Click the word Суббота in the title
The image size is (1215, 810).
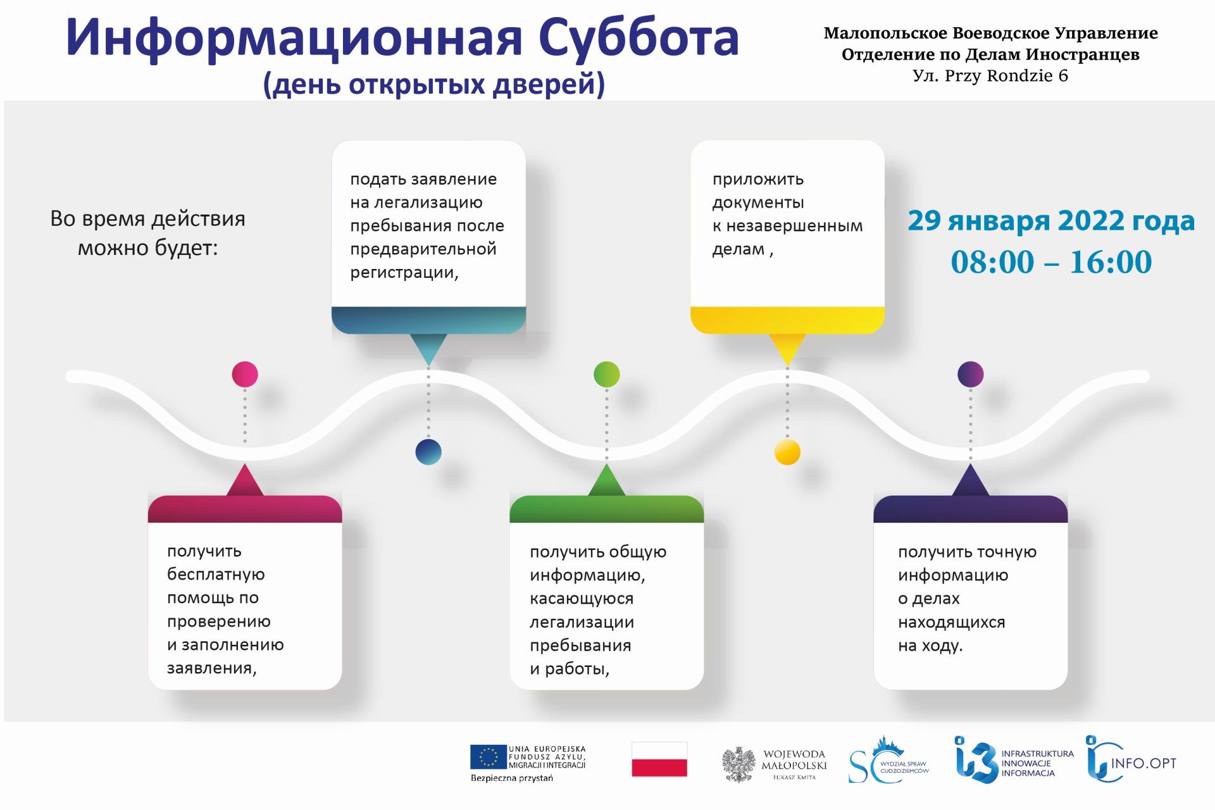[639, 39]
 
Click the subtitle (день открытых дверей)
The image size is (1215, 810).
[434, 84]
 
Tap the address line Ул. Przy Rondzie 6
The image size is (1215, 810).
[990, 76]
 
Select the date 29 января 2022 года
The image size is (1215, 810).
[1051, 220]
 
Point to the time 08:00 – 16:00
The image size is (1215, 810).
[1051, 262]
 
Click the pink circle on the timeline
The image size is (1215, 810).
[245, 374]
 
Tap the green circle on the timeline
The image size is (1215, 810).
[607, 374]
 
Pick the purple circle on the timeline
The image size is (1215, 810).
[971, 374]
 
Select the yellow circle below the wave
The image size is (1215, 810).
[787, 452]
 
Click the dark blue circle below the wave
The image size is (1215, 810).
[428, 452]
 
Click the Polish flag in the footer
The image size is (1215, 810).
[659, 759]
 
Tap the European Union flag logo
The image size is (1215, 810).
[489, 757]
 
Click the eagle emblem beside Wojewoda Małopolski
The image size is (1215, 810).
[739, 764]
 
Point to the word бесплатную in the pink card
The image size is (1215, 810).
[216, 575]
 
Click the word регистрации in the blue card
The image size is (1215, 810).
[404, 273]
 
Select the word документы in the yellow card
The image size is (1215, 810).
[758, 203]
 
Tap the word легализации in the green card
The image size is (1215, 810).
[582, 623]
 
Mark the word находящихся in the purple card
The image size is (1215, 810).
[952, 623]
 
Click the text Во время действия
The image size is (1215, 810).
[147, 219]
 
